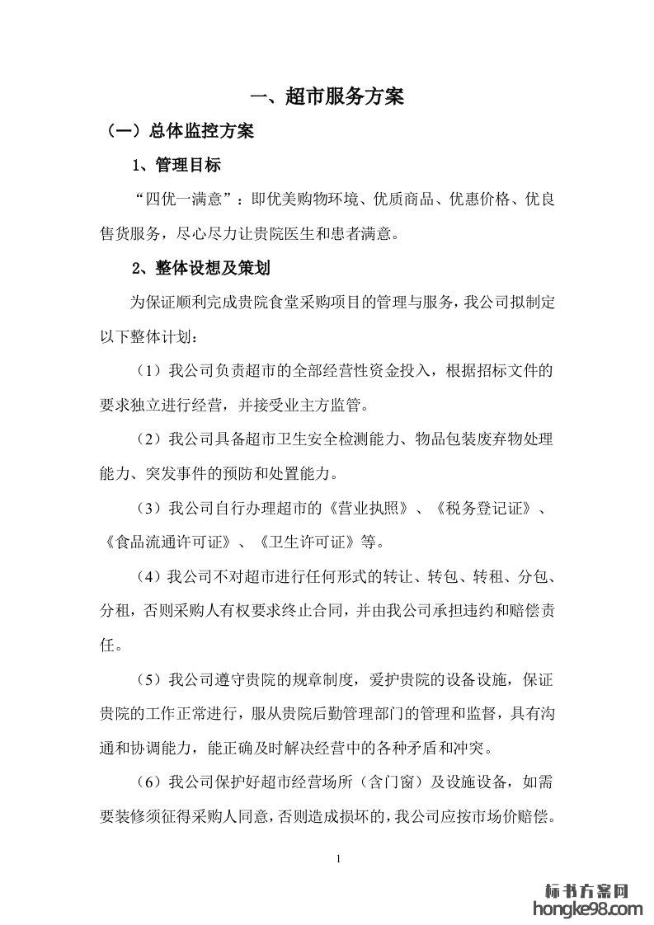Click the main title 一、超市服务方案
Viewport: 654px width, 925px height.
(x=327, y=97)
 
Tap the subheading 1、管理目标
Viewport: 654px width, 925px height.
(x=176, y=166)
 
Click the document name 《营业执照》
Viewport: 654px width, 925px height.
(x=370, y=507)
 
